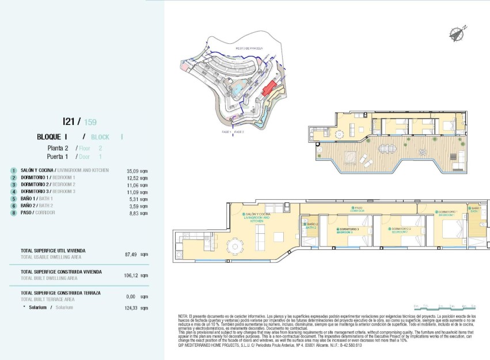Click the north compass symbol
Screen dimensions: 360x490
coord(458,33)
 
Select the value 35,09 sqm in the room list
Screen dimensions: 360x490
coord(134,171)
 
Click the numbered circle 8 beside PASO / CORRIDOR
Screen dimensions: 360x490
coord(13,213)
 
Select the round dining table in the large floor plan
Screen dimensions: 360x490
coord(234,247)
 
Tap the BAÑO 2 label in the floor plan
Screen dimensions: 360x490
coord(311,225)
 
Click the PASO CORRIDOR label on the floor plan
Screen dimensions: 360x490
coord(357,209)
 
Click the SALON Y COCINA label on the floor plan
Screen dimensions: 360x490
coord(257,216)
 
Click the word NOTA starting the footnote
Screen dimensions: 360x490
coord(183,317)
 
